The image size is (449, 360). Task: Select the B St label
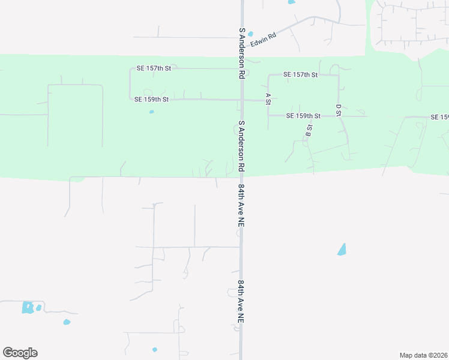tap(309, 130)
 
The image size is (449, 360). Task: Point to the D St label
tap(338, 110)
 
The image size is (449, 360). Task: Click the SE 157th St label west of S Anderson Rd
tap(154, 68)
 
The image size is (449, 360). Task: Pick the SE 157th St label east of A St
tap(300, 74)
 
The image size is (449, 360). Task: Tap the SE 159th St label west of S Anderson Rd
tap(151, 99)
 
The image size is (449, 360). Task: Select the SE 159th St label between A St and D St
tap(303, 115)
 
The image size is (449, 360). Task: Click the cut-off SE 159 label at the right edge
tap(439, 116)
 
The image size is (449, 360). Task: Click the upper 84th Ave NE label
tap(241, 205)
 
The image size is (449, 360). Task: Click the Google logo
tap(20, 353)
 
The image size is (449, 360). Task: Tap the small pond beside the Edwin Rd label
tap(250, 34)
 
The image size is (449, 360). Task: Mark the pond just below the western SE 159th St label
tap(151, 112)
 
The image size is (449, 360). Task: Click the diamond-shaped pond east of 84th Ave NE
tap(342, 249)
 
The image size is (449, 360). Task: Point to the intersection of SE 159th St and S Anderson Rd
tap(242, 100)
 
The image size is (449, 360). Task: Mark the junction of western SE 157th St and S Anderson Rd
tap(242, 68)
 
